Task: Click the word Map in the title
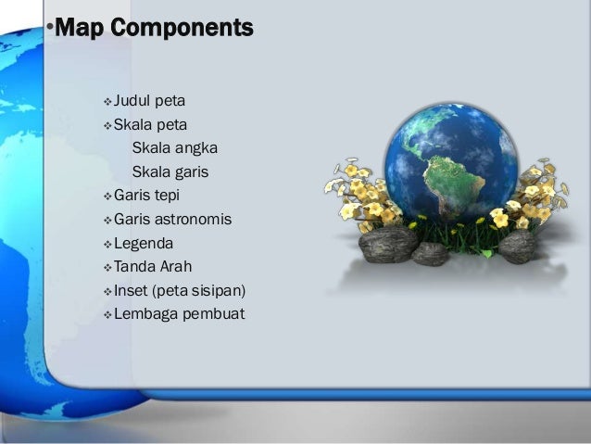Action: (x=80, y=28)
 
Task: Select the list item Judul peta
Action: (x=149, y=101)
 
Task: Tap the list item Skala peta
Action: (x=150, y=124)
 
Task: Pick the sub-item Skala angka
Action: (x=175, y=148)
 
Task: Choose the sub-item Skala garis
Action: (x=170, y=172)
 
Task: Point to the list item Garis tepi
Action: (x=146, y=196)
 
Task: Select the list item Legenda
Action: (x=144, y=243)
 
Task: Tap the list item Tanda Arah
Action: (x=153, y=267)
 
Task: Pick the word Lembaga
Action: (x=146, y=314)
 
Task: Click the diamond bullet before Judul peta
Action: (x=107, y=102)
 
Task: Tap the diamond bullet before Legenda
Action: (x=107, y=245)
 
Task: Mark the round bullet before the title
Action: (x=50, y=27)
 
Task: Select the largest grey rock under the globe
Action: (x=388, y=245)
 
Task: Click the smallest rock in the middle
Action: (x=431, y=253)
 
